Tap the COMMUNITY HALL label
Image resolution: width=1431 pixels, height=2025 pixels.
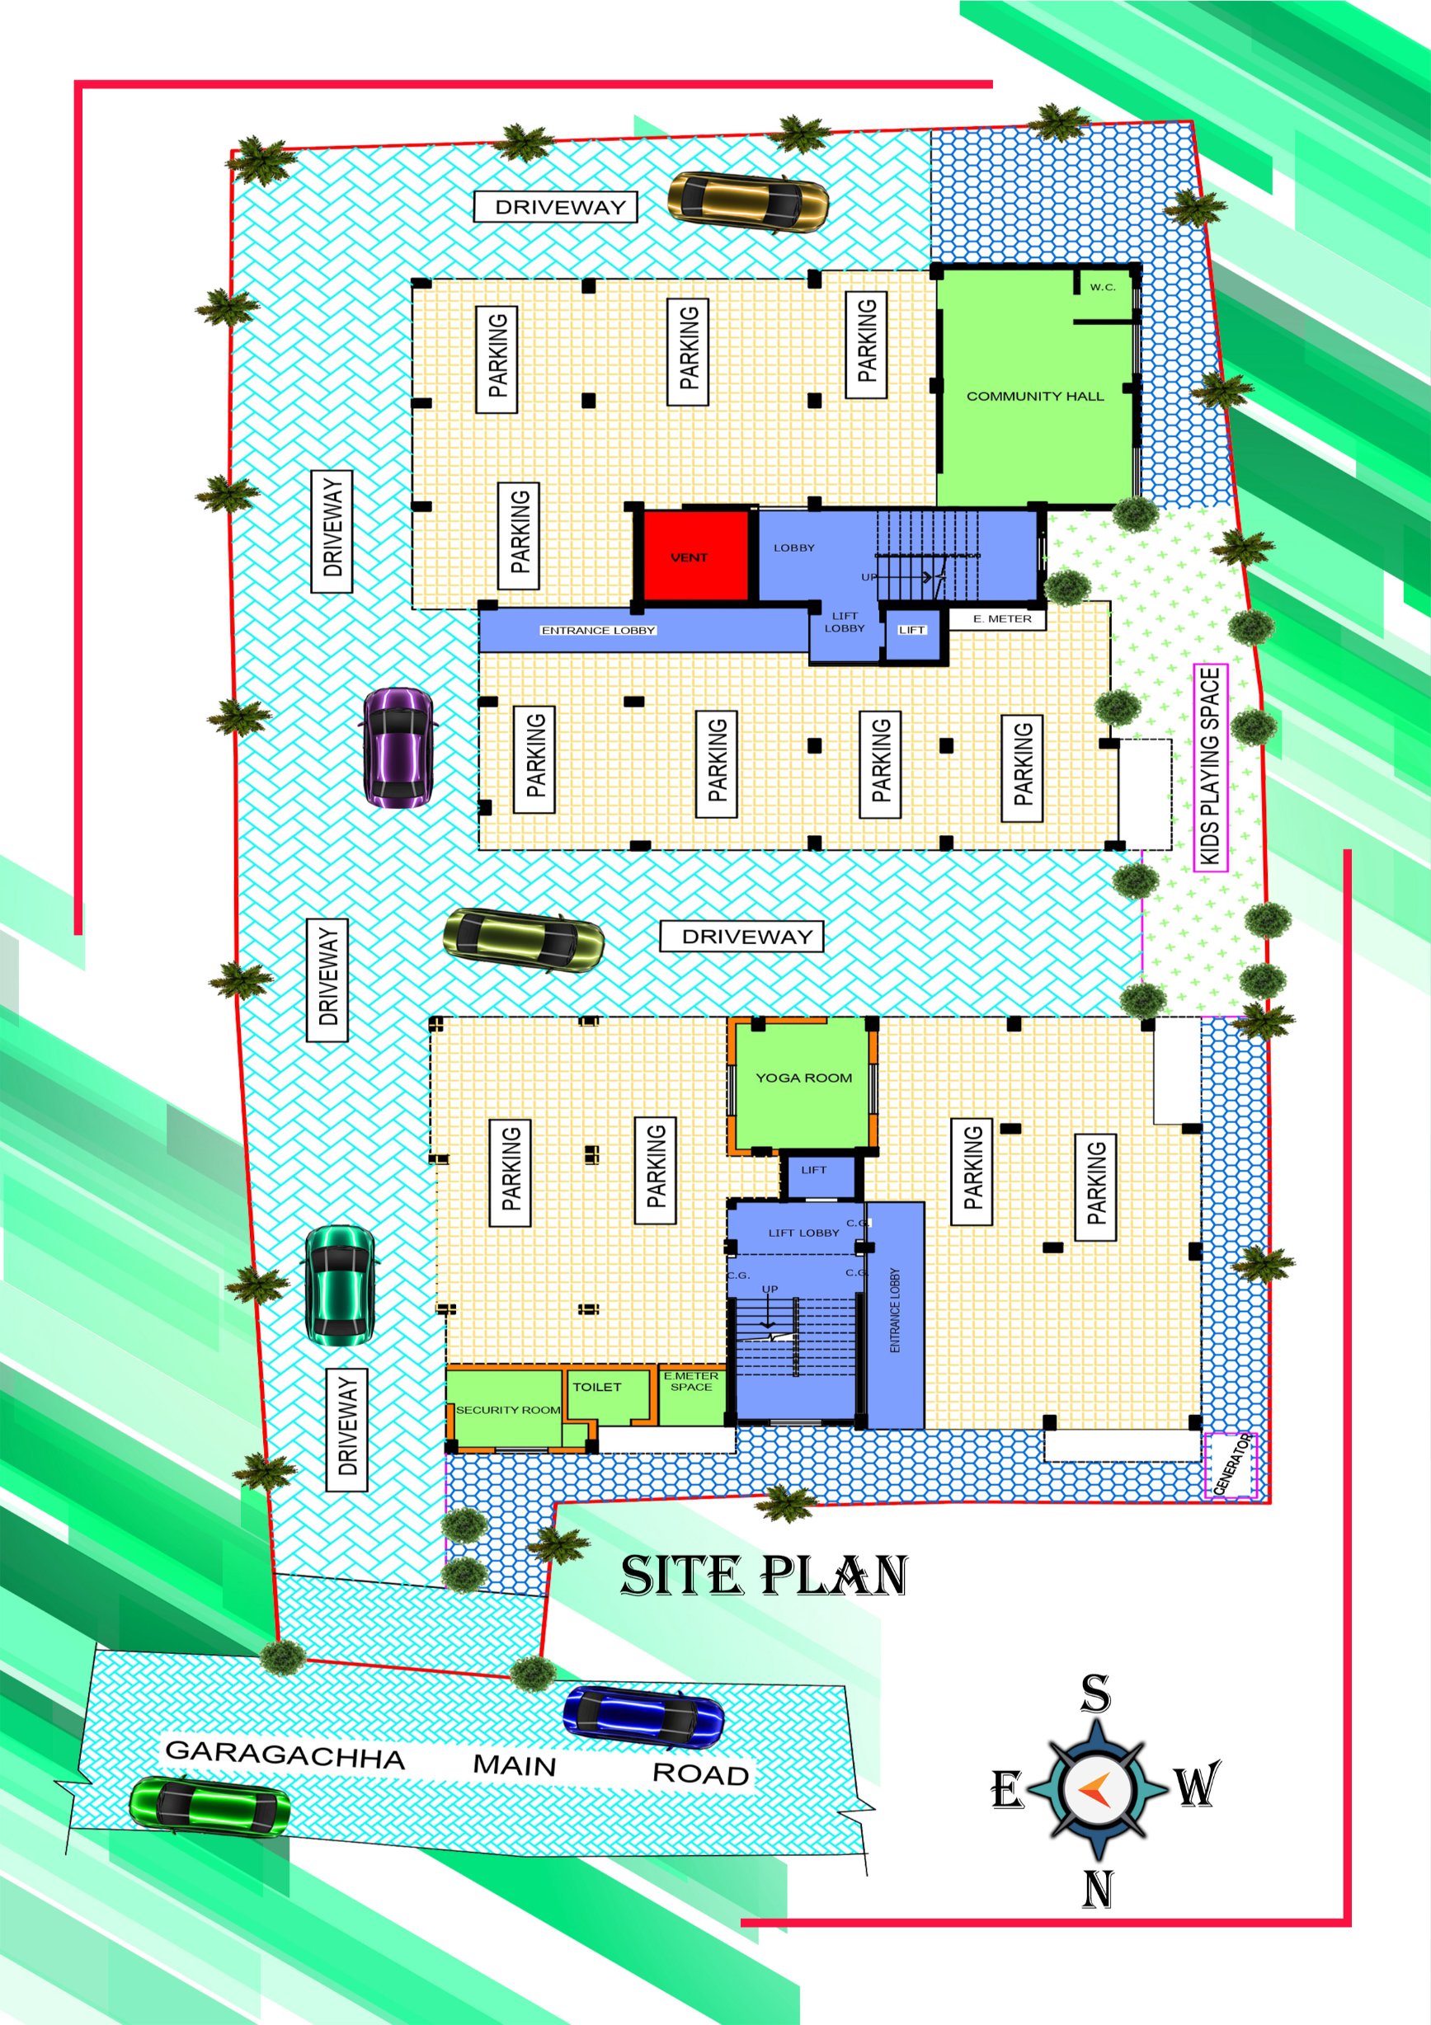[1035, 397]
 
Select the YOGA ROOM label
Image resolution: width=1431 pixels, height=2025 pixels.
[803, 1078]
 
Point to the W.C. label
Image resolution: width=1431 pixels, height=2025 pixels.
[1103, 287]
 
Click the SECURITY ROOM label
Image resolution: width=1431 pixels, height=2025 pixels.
[508, 1410]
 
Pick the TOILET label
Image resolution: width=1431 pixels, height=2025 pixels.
[597, 1388]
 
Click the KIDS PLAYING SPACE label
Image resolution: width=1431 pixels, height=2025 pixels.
[1211, 768]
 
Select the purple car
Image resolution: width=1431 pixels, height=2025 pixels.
[398, 747]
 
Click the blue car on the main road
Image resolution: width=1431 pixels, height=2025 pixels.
[643, 1716]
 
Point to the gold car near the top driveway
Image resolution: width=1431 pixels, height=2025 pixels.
[748, 202]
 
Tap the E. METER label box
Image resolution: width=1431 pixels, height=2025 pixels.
[996, 618]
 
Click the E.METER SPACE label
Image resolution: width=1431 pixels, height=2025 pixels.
[691, 1381]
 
